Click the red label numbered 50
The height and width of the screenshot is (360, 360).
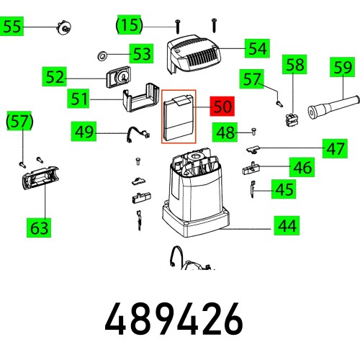tap(222, 107)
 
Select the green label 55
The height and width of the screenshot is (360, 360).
tap(13, 28)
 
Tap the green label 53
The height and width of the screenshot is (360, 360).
tap(141, 53)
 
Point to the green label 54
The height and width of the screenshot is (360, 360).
tap(256, 48)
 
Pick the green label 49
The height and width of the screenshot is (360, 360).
tap(84, 131)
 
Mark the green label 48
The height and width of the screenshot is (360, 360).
tap(226, 132)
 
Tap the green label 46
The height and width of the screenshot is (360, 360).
tap(302, 168)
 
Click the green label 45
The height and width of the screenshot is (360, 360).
tap(284, 189)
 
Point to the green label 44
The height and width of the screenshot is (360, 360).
tap(287, 226)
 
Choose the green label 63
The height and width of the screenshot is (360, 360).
tap(39, 228)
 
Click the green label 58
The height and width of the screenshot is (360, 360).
tap(295, 66)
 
